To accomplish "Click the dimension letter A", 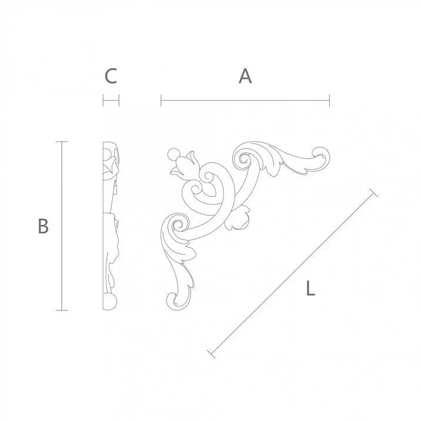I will coord(245,76).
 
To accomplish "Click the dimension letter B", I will coord(42,226).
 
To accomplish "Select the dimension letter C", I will coord(111,76).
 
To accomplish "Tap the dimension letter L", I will coord(311,289).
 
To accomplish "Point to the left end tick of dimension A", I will coord(161,101).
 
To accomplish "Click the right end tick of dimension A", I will coord(329,101).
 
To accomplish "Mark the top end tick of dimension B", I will coord(61,142).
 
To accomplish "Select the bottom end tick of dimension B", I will coord(61,310).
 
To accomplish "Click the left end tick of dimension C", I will coord(103,101).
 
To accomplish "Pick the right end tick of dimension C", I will coord(119,101).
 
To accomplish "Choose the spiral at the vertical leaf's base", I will coord(175,226).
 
